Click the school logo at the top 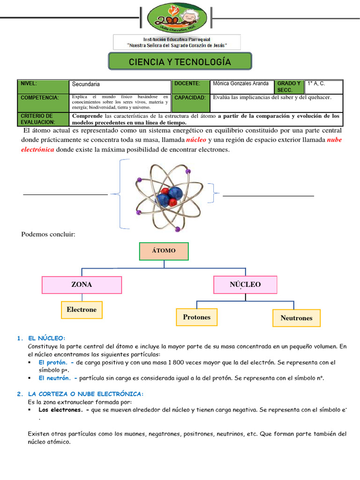point(180,18)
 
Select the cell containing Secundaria point(120,86)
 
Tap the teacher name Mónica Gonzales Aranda point(241,84)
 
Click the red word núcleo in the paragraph point(196,141)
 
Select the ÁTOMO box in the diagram point(164,251)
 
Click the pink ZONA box point(82,285)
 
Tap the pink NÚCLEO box point(245,285)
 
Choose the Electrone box point(82,310)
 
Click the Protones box point(197,317)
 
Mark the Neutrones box point(296,318)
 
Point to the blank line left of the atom point(65,194)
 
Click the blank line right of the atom point(268,196)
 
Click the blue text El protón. point(54,362)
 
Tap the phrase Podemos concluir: point(48,234)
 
